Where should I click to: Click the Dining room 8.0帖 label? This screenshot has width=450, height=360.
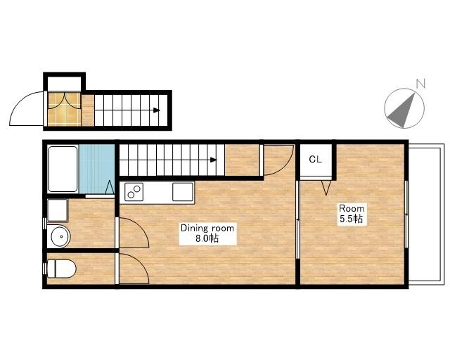(207, 233)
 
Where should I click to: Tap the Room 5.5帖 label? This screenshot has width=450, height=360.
(352, 214)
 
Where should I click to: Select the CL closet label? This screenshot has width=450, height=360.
(316, 160)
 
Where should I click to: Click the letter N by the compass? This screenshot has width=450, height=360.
(420, 83)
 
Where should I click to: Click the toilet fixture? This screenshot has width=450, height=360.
(61, 269)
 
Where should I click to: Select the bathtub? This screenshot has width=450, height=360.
(63, 169)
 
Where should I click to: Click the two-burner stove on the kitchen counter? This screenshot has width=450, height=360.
(134, 191)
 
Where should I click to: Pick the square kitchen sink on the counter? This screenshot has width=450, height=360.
(183, 191)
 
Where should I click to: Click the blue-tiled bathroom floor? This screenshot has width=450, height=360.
(97, 169)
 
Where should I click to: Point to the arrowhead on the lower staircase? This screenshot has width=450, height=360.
(214, 160)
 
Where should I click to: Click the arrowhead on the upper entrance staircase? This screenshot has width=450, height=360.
(156, 110)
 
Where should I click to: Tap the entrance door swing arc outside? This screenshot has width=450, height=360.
(20, 100)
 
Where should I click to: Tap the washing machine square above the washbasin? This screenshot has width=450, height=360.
(58, 210)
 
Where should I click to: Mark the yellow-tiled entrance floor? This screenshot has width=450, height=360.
(64, 109)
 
